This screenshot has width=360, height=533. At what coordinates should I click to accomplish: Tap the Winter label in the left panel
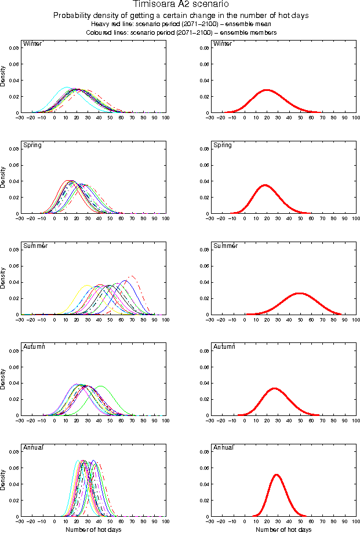30,44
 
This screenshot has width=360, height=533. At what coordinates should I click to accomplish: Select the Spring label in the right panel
223,145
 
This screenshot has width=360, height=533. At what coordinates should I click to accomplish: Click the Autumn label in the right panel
224,346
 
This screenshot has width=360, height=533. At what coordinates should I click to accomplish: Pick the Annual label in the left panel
32,447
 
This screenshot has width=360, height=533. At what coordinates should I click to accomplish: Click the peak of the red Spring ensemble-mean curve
265,185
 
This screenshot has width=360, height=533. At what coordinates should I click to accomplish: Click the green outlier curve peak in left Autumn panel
101,386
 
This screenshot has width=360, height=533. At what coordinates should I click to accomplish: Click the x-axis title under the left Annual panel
93,529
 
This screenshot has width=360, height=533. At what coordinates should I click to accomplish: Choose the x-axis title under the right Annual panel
283,529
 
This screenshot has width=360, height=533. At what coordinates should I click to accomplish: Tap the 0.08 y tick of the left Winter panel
13,48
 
